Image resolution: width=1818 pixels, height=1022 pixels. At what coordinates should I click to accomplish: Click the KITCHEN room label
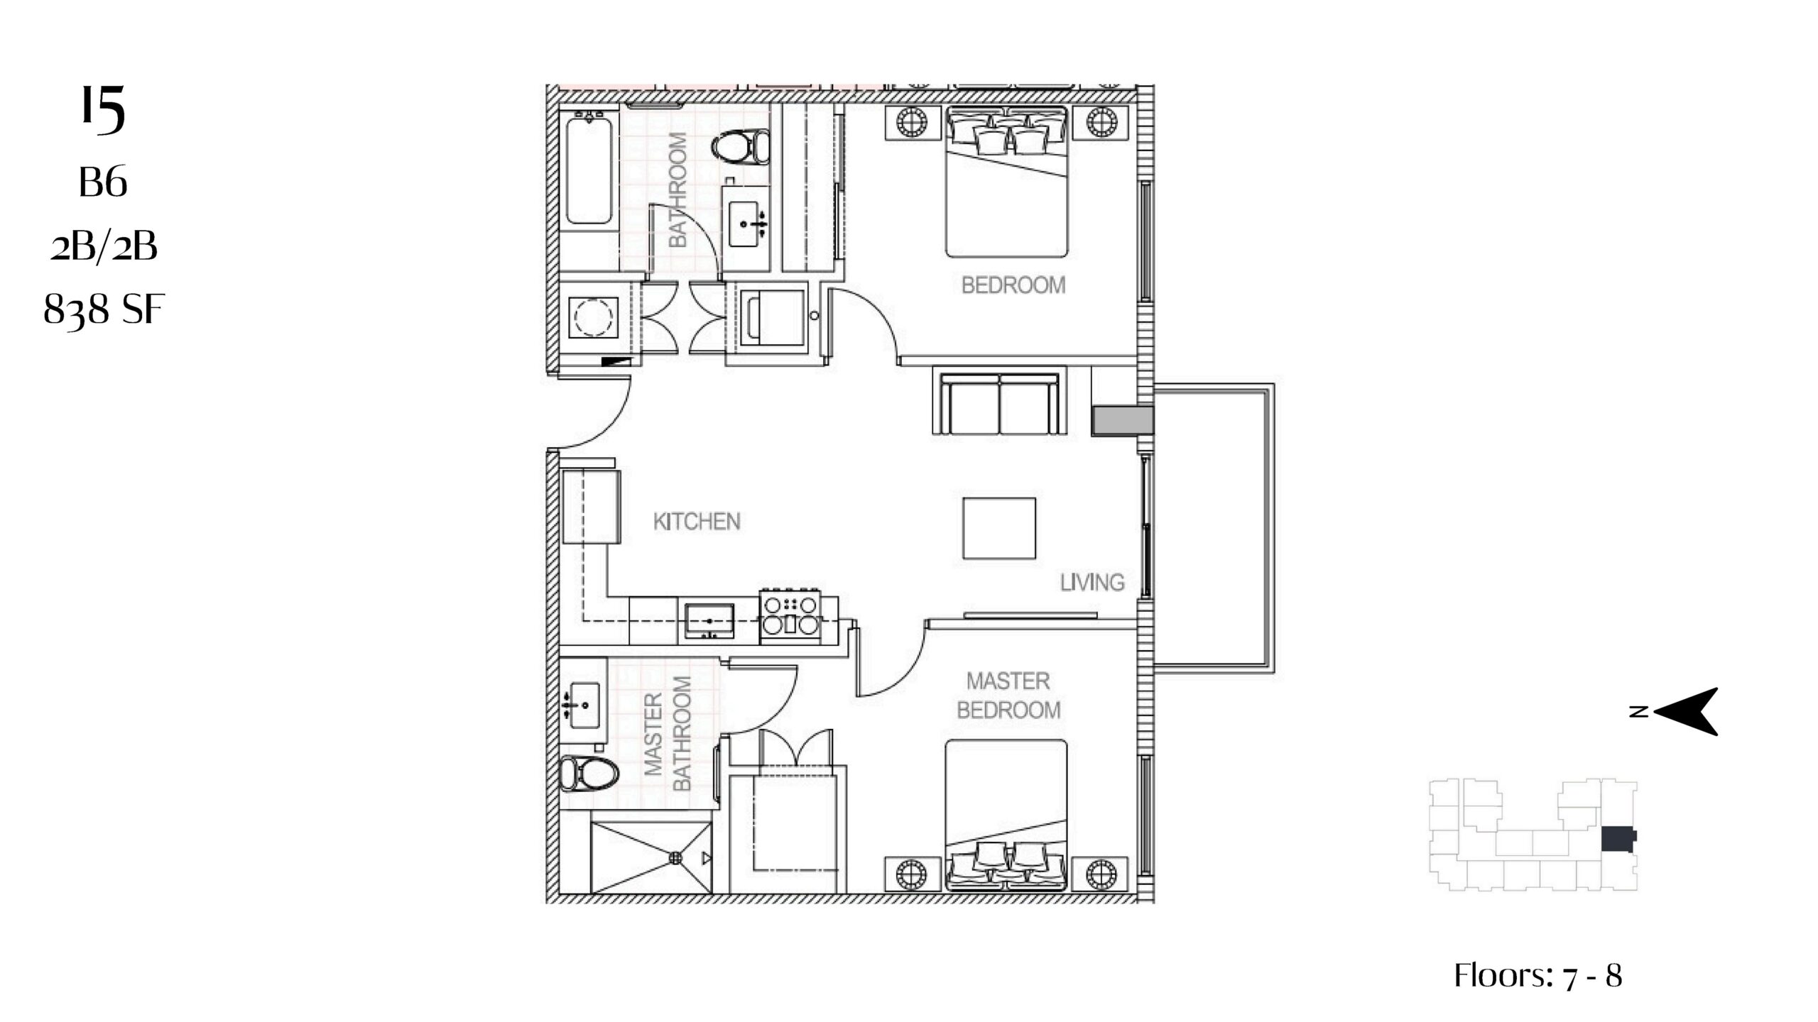pos(697,522)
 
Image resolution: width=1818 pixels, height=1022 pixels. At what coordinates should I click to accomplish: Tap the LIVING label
pos(1092,583)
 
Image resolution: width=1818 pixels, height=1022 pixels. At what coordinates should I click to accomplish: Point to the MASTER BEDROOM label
pos(1008,696)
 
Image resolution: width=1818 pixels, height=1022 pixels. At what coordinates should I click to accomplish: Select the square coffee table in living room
pos(999,529)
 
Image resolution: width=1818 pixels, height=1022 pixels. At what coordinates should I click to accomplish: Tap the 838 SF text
pos(104,310)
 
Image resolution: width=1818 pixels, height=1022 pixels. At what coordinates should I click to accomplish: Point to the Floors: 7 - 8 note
pos(1538,976)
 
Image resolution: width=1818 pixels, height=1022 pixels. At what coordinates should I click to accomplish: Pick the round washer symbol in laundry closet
pos(593,317)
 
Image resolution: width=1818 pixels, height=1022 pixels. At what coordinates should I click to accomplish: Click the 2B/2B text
pos(104,248)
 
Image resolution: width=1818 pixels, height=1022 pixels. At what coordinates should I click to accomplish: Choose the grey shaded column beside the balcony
pos(1122,420)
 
